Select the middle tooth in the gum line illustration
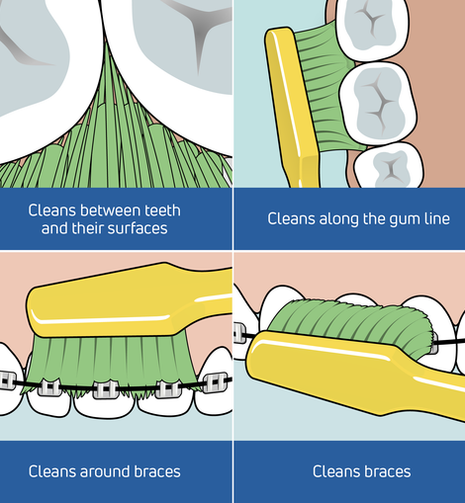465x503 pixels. coord(378,103)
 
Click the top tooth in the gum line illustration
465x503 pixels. coord(373,29)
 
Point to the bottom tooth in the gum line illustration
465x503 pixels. coord(389,165)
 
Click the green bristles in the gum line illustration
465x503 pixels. coord(326,89)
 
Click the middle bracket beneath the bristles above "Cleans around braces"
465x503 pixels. coord(106,389)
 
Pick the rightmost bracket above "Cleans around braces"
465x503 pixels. coord(216,382)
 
